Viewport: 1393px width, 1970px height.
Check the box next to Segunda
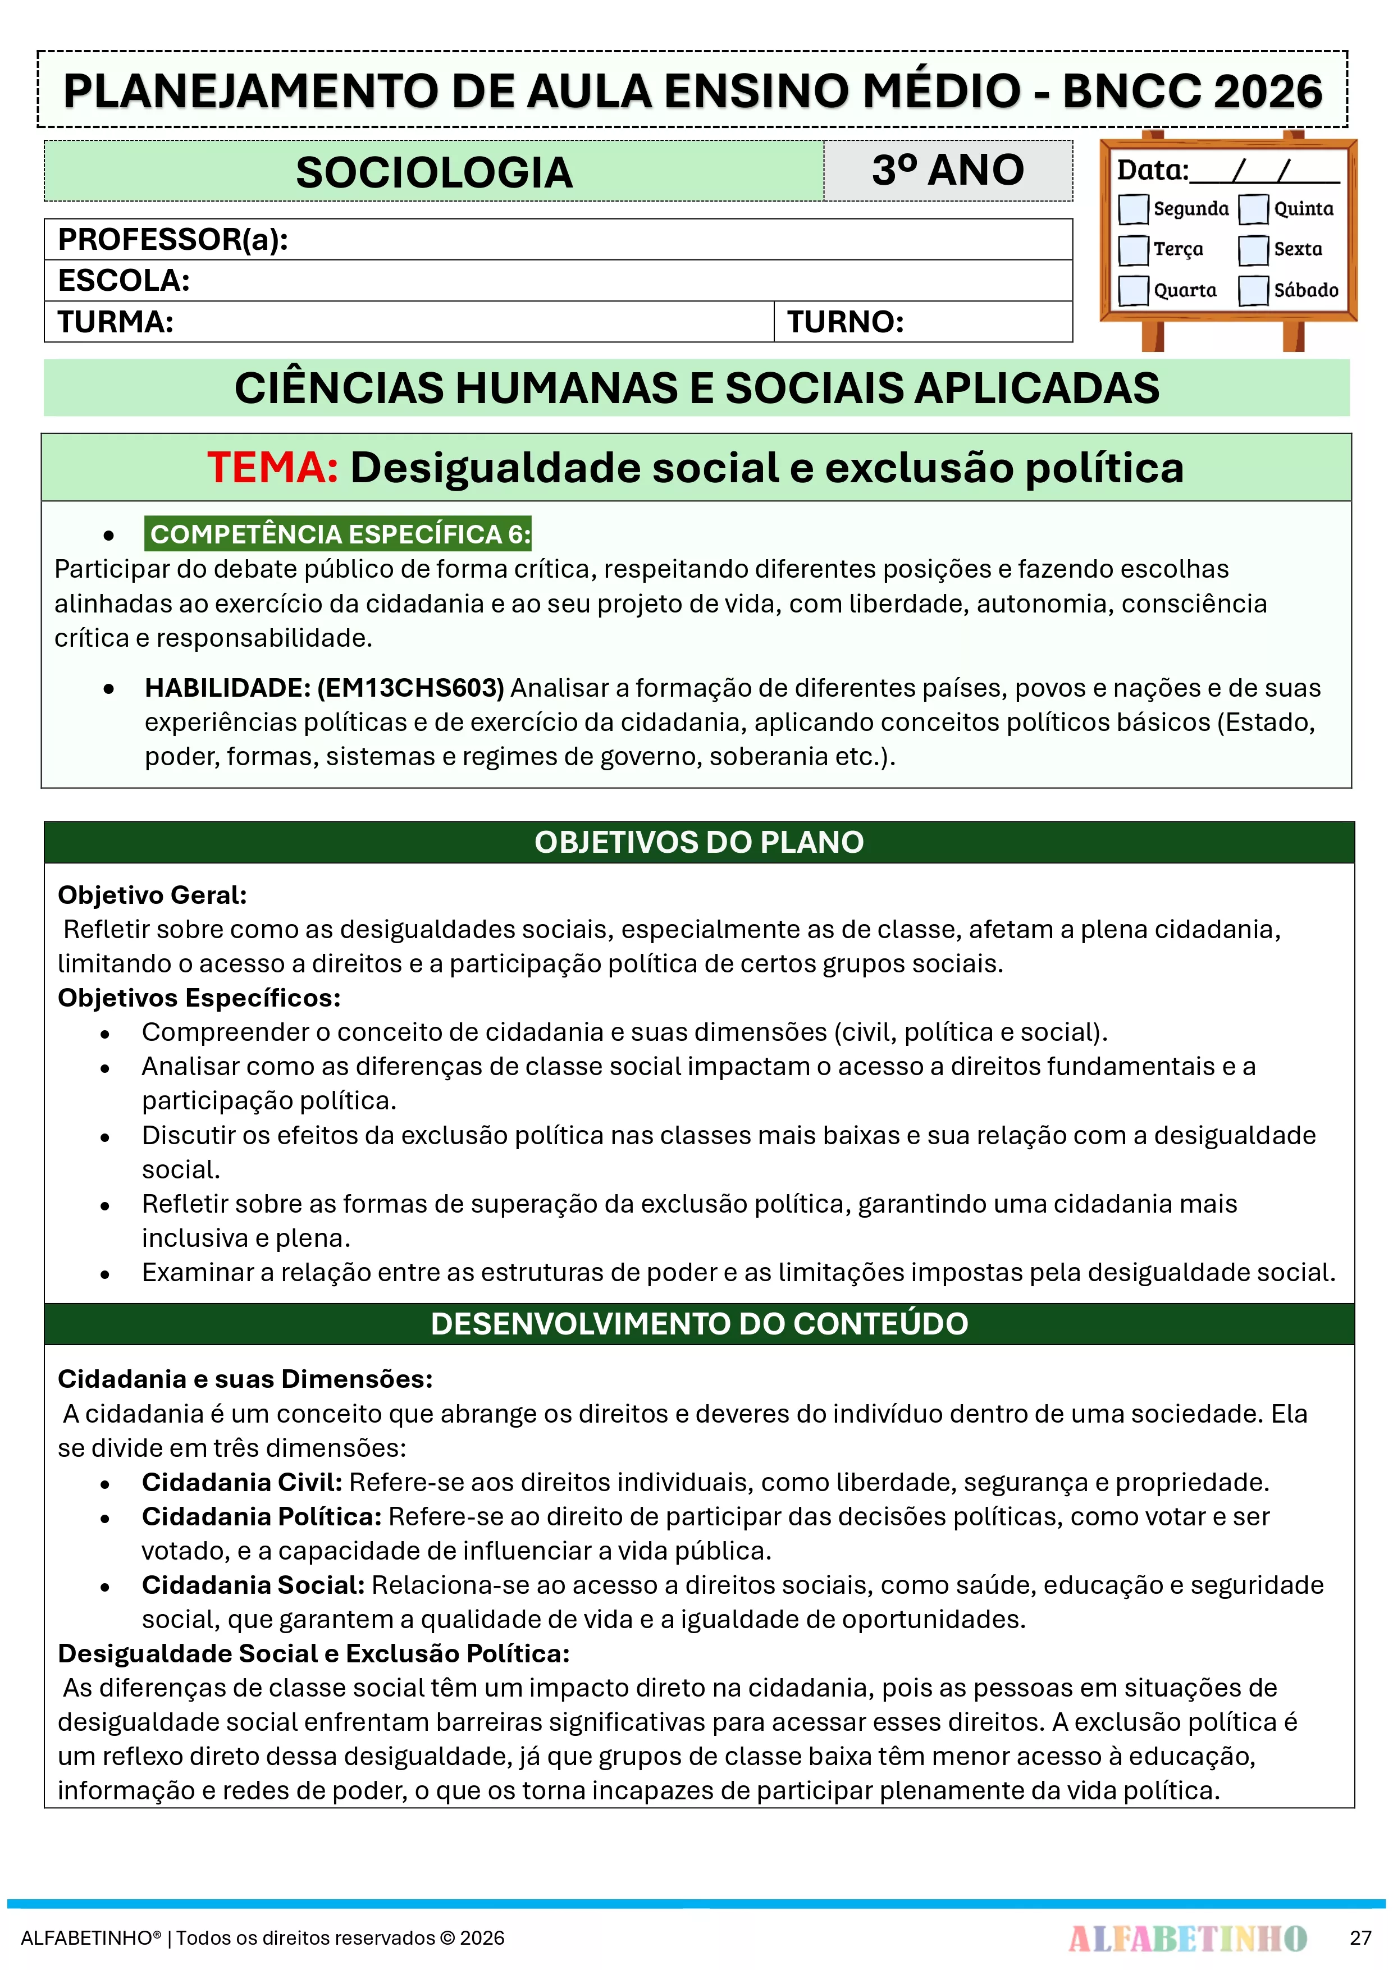tap(1133, 208)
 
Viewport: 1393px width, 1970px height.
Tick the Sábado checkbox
tap(1253, 290)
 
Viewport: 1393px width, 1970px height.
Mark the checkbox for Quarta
tap(1133, 290)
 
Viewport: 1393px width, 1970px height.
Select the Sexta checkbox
tap(1253, 250)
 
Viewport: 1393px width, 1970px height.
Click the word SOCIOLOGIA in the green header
tap(434, 172)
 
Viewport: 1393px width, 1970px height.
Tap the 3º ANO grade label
tap(948, 170)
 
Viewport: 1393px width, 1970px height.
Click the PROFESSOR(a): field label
tap(172, 239)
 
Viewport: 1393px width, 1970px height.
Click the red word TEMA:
tap(273, 468)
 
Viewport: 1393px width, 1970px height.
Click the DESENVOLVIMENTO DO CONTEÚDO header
tap(698, 1323)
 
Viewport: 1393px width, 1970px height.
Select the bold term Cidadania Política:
tap(261, 1516)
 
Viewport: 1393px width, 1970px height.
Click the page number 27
tap(1360, 1937)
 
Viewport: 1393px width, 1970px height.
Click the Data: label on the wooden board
tap(1152, 170)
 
